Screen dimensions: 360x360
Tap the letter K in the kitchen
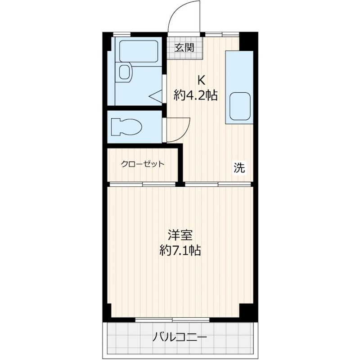coord(201,81)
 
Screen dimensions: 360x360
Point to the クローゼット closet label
coord(142,164)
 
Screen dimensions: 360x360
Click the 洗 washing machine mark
coord(238,168)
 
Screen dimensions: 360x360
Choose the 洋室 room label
coord(180,235)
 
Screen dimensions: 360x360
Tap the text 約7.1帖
coord(180,250)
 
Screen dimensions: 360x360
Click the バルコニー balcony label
coord(179,337)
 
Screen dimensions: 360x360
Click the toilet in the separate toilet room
coord(126,126)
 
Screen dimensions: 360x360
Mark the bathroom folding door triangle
coord(156,96)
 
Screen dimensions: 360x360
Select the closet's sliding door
coord(143,184)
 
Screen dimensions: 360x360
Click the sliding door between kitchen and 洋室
coord(218,184)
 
